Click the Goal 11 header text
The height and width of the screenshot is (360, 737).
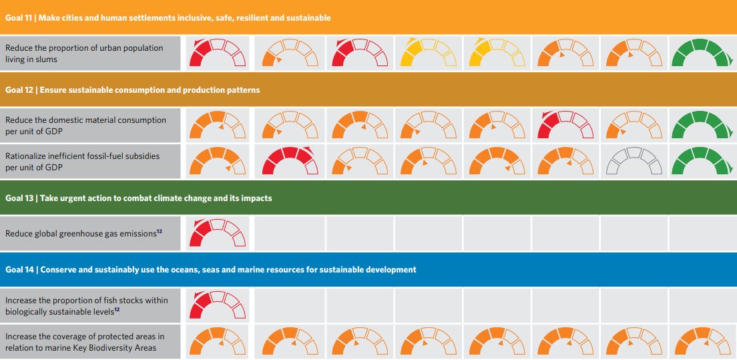(x=168, y=17)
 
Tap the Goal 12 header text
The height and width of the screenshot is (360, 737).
(x=132, y=89)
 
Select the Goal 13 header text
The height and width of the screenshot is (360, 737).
(x=138, y=198)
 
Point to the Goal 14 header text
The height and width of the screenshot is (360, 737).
(x=210, y=269)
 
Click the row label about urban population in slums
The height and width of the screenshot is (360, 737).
(x=84, y=53)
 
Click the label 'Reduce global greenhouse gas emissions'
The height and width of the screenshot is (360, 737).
(x=81, y=234)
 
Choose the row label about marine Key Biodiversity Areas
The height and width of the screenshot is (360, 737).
(x=84, y=342)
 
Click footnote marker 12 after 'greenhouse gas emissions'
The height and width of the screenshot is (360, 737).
(x=159, y=231)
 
